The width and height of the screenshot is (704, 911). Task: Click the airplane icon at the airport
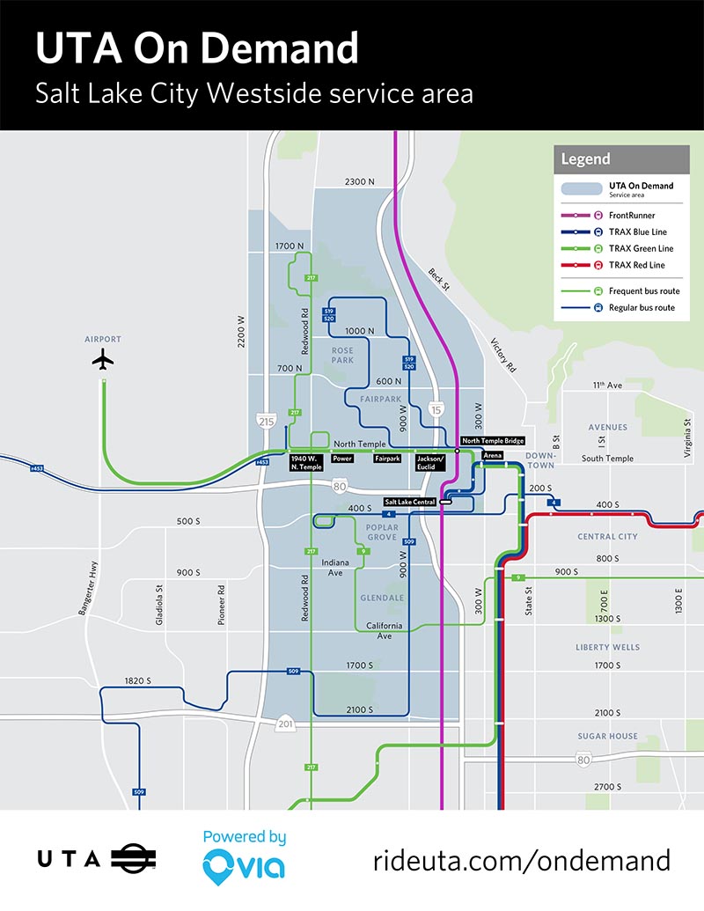point(103,359)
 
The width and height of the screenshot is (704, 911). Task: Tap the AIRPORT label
point(103,339)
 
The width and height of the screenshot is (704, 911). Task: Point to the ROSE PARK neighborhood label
point(342,356)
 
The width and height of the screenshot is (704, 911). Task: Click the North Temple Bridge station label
point(493,441)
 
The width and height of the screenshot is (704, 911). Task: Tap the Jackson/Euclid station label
point(431,462)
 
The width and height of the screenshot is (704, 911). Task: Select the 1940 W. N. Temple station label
point(306,462)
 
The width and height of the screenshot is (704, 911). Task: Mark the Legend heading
point(585,159)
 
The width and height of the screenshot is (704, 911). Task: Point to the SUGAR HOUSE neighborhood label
point(607,736)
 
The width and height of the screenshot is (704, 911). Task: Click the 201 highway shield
point(283,724)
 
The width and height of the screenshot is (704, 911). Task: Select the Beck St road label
point(438,280)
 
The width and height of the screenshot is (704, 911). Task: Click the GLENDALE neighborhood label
point(382,598)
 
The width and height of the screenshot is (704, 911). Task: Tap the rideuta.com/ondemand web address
point(522,860)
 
